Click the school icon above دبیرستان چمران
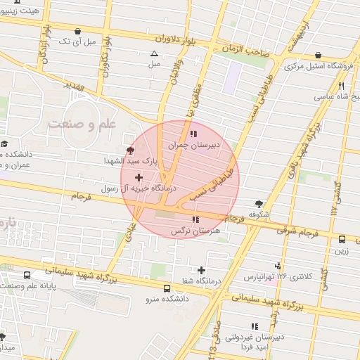(x=193, y=134)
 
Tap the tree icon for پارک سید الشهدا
(x=129, y=150)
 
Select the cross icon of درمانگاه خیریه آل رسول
(x=138, y=176)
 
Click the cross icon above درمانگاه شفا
(x=202, y=270)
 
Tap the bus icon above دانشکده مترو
(x=167, y=288)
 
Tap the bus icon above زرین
(x=342, y=239)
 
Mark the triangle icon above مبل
(x=154, y=53)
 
